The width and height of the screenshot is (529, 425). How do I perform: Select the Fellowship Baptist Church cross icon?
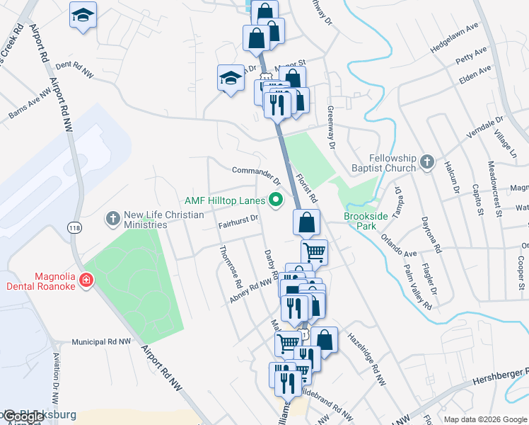point(426,162)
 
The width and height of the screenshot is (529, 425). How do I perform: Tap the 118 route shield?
point(74,227)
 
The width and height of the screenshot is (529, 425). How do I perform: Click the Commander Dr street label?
point(252,171)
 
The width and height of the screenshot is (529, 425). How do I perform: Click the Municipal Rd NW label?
point(101,341)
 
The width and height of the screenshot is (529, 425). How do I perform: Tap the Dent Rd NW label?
point(74,67)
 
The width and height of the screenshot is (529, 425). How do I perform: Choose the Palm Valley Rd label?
point(418,289)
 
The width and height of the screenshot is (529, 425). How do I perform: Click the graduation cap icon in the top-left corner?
point(83,15)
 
